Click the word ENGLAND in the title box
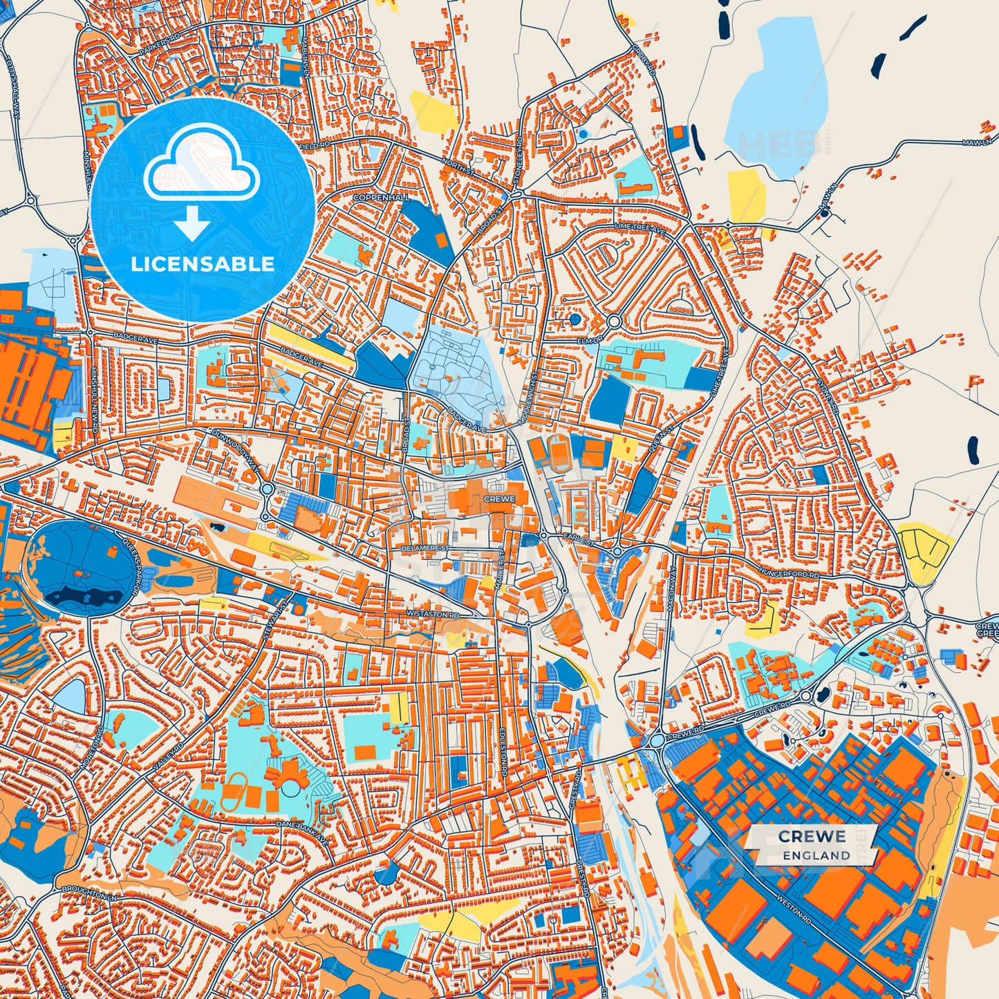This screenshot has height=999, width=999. point(816,855)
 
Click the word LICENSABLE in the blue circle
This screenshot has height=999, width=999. point(203,264)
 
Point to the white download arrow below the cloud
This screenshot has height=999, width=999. point(192,225)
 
